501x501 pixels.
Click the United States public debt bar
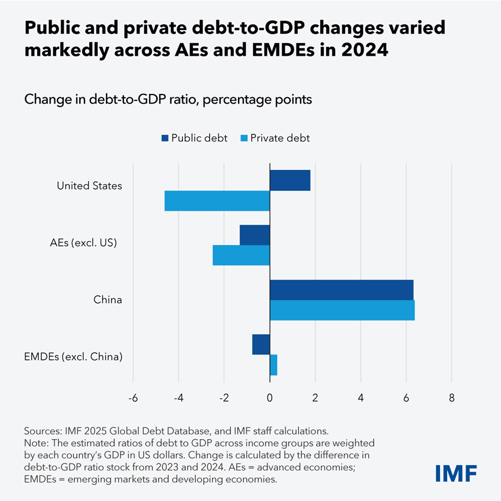(290, 180)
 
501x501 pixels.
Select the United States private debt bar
(217, 200)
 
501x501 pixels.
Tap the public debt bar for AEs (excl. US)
(255, 235)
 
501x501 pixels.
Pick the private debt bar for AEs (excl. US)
(241, 255)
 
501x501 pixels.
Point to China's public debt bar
(342, 290)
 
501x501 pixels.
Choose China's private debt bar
(342, 310)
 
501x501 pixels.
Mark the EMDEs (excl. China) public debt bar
(261, 345)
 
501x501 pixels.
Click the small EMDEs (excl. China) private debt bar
(273, 365)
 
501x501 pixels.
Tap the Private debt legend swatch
(244, 138)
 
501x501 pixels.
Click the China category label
(108, 300)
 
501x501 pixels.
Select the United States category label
(89, 186)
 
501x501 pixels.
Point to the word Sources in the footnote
(42, 431)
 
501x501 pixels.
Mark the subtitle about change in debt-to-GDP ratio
(168, 100)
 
